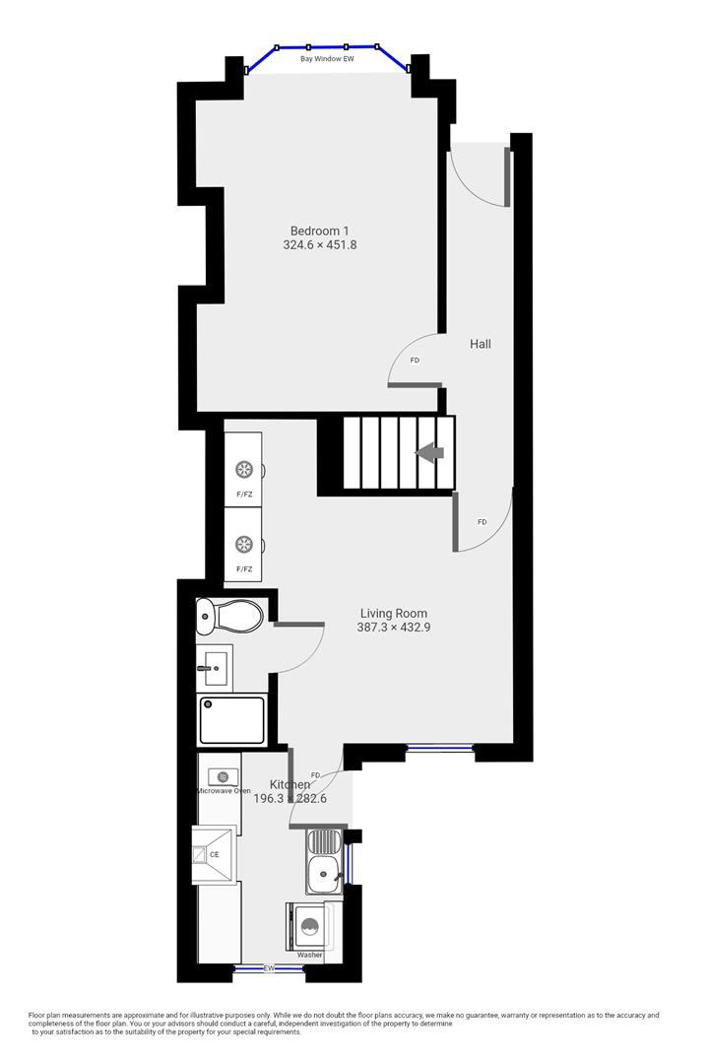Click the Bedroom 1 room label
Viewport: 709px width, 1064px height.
pos(319,231)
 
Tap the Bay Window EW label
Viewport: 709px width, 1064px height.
pos(327,59)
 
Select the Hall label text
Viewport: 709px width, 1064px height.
pos(480,344)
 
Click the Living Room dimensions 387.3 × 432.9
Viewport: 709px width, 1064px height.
pos(393,627)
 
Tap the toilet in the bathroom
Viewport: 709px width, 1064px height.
pos(230,617)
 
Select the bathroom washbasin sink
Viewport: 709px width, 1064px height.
pos(214,668)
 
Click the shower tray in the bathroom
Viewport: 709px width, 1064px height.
pos(232,719)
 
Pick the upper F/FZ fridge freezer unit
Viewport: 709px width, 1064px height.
pos(243,469)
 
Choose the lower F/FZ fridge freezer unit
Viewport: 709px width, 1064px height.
pos(243,545)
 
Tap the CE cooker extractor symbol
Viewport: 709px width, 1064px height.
pos(214,854)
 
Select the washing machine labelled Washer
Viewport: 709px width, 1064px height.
pos(310,928)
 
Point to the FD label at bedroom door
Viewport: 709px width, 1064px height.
pos(415,361)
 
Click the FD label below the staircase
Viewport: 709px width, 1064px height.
pos(482,521)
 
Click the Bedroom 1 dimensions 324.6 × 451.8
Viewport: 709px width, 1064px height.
pos(319,245)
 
